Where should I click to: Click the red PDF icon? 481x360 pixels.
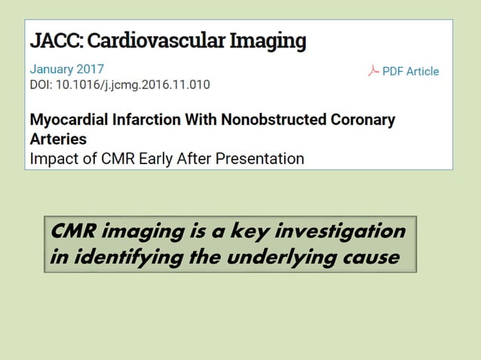(x=372, y=71)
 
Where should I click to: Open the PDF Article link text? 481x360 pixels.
(x=410, y=72)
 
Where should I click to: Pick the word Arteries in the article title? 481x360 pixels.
(x=57, y=139)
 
